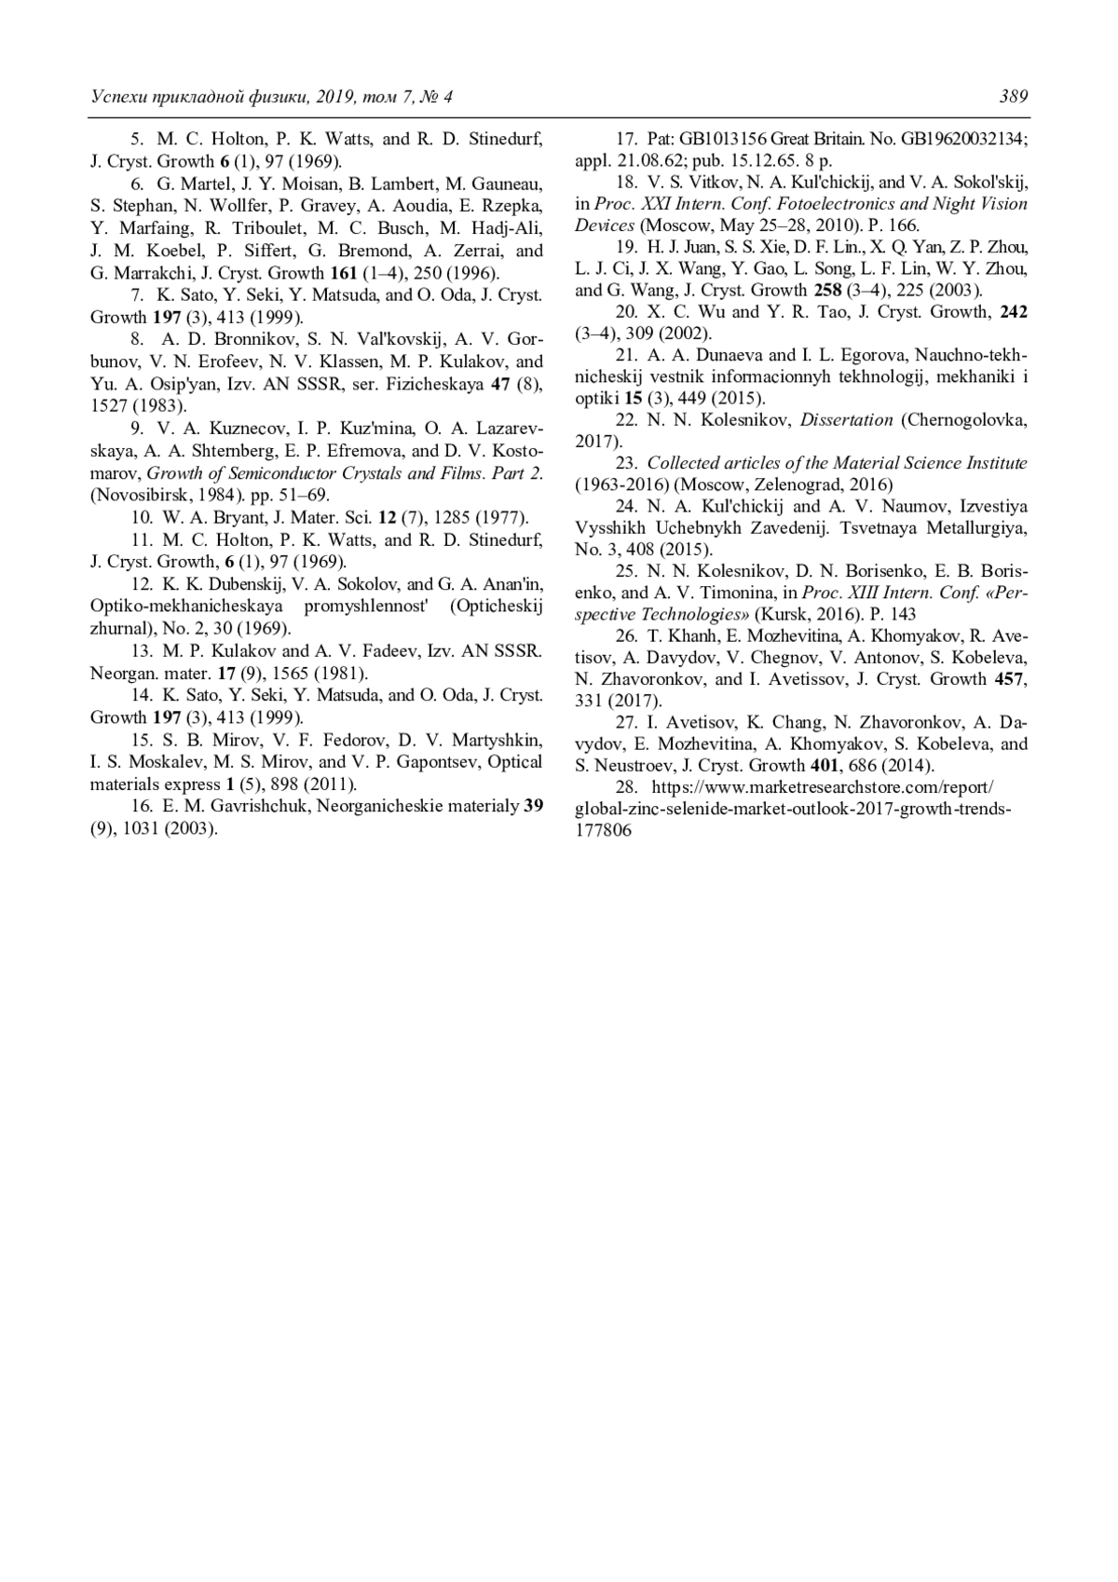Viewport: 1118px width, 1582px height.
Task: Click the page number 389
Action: [1014, 97]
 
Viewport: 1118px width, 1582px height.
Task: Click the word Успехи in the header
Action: [118, 97]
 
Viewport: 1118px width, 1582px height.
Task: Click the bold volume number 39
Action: [534, 806]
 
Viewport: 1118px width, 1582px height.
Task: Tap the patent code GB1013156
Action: [723, 139]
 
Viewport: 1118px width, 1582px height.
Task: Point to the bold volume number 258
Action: [826, 290]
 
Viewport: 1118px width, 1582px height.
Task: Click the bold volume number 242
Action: [1014, 312]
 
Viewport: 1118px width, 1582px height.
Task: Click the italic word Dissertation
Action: [847, 420]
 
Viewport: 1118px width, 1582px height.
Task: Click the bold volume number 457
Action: [1009, 678]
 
